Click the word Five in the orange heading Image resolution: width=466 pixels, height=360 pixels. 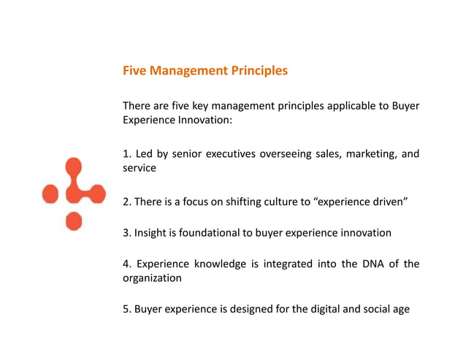pos(134,71)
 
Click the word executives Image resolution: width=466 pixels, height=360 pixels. pos(232,153)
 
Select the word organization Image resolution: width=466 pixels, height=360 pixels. pos(152,277)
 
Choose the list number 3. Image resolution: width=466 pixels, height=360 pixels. pos(126,233)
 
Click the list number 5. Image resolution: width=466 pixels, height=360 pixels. pos(126,309)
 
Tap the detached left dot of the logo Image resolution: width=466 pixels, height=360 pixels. pos(50,194)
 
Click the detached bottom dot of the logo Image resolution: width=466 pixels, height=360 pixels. pos(74,221)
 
